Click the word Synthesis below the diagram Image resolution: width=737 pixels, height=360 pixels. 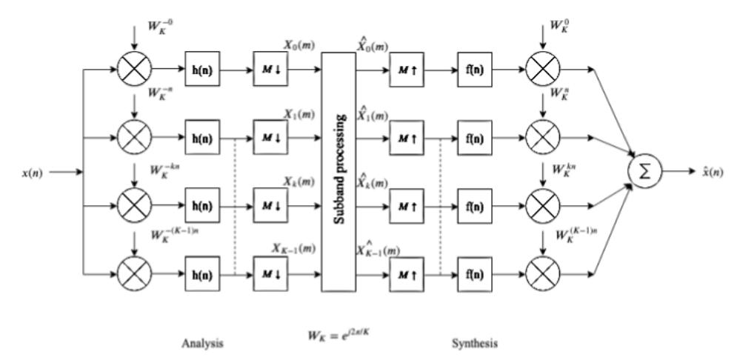[476, 344]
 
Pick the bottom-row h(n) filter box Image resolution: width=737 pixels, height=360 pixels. [202, 276]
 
